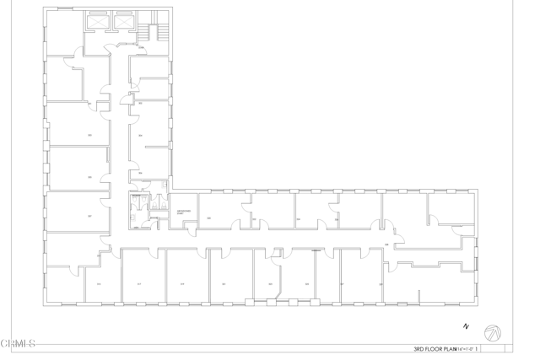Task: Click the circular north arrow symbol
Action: pyautogui.click(x=493, y=334)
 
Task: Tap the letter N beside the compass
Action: pyautogui.click(x=465, y=325)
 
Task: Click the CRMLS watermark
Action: pyautogui.click(x=18, y=344)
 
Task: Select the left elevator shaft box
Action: pyautogui.click(x=100, y=20)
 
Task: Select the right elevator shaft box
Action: pyautogui.click(x=125, y=20)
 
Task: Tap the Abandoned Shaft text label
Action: pyautogui.click(x=183, y=212)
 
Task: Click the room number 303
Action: pyautogui.click(x=89, y=135)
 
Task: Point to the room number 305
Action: pyautogui.click(x=89, y=177)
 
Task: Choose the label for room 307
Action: pyautogui.click(x=89, y=216)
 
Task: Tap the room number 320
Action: pyautogui.click(x=208, y=218)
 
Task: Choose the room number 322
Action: pyautogui.click(x=254, y=219)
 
